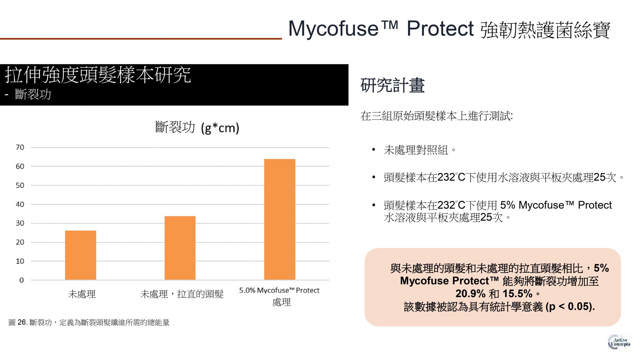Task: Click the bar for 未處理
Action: click(80, 255)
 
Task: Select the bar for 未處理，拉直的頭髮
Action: click(180, 248)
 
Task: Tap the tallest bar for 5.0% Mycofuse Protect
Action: click(280, 219)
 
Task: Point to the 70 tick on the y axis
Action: click(20, 147)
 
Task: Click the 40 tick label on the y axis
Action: click(20, 204)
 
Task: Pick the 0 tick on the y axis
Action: click(22, 280)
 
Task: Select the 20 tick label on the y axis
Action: click(20, 242)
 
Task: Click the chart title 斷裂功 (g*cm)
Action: click(197, 127)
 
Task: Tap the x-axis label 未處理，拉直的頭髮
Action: click(182, 294)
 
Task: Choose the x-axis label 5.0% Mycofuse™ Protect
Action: click(279, 290)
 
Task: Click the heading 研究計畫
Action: click(392, 85)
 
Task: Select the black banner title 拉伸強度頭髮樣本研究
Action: click(98, 75)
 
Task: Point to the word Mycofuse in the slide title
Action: click(333, 29)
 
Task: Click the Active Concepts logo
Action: click(619, 342)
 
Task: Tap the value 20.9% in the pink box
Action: click(470, 294)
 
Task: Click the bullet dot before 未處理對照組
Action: click(374, 150)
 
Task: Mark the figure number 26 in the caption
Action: click(22, 322)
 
